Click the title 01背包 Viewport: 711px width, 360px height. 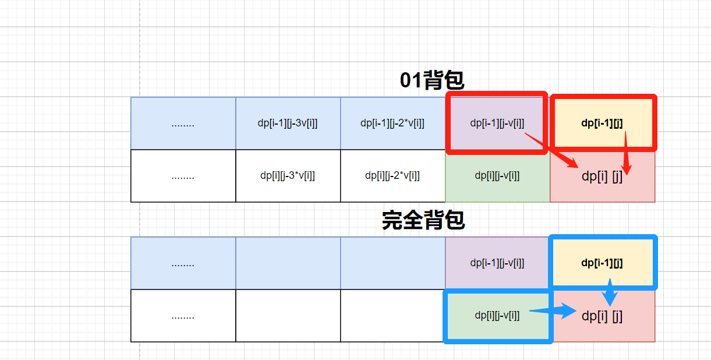tap(432, 80)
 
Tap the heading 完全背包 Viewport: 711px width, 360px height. tap(423, 220)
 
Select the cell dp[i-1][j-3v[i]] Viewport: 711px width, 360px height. tap(288, 123)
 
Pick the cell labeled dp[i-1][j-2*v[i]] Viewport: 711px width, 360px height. tap(392, 123)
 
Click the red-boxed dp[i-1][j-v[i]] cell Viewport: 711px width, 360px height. tap(497, 123)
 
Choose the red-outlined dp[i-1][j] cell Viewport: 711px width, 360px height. tap(603, 123)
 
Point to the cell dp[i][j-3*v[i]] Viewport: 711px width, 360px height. tap(288, 175)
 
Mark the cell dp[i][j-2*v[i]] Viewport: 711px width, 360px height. tap(392, 175)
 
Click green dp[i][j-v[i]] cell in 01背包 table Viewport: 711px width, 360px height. tap(497, 175)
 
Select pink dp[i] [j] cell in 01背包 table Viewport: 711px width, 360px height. tap(602, 176)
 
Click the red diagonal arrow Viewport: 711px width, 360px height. tap(550, 149)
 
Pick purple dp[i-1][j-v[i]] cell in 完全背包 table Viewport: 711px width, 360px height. tap(497, 263)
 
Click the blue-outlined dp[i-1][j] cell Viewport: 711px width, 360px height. tap(603, 263)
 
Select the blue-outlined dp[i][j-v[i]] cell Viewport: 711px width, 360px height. tap(497, 316)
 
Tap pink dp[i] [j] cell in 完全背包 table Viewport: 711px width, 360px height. tap(602, 316)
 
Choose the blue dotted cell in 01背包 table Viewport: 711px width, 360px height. tap(183, 123)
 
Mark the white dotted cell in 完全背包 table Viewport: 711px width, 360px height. tap(183, 316)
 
